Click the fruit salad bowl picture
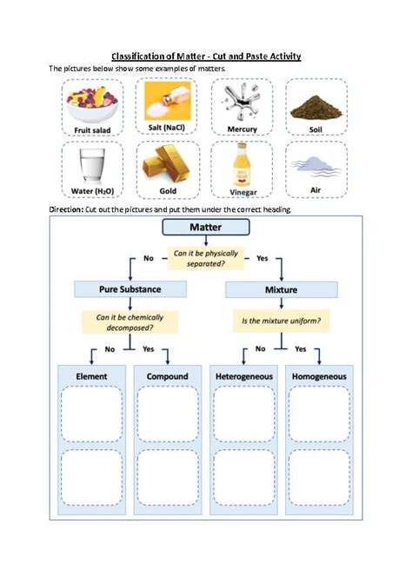92,104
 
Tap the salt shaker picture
168,101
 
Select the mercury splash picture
242,102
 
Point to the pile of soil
316,107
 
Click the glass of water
92,165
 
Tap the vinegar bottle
242,164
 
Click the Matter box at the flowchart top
206,228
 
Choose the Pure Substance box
130,289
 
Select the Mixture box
282,289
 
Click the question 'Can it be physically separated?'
206,258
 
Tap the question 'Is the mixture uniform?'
282,321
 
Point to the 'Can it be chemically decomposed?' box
130,322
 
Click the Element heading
91,376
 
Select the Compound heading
168,376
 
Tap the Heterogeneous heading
244,376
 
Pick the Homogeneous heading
319,376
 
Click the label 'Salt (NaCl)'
166,128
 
